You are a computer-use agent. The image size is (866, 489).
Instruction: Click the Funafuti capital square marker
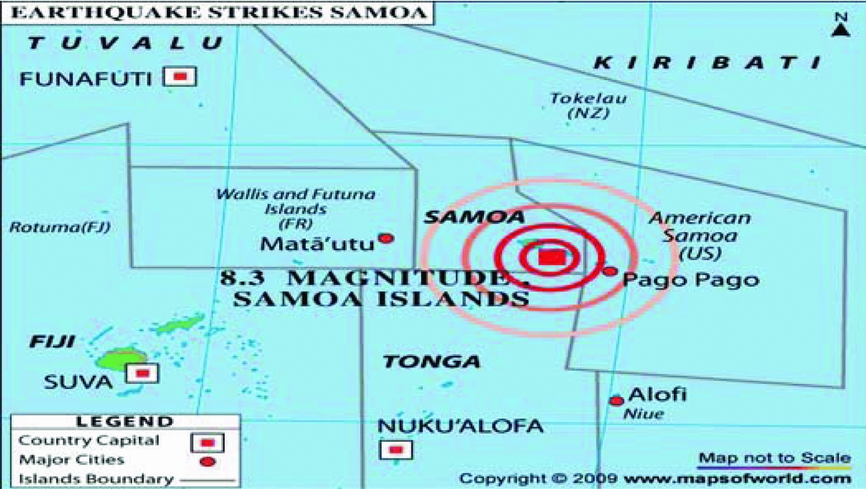[x=180, y=76]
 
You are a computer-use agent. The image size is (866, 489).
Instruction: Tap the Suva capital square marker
[x=142, y=373]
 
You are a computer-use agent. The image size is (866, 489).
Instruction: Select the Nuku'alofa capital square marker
[x=396, y=450]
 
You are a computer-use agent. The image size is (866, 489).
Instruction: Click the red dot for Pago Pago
[x=610, y=271]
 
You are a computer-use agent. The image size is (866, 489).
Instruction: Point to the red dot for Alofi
[x=617, y=401]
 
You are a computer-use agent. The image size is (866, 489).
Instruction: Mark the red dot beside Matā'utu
[x=386, y=238]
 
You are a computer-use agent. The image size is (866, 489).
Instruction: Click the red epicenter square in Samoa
[x=549, y=257]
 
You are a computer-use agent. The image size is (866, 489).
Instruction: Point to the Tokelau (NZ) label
[x=588, y=106]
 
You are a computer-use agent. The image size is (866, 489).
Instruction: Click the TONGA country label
[x=431, y=362]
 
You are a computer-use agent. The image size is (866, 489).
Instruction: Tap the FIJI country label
[x=53, y=342]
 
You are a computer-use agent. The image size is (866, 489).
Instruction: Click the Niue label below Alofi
[x=643, y=414]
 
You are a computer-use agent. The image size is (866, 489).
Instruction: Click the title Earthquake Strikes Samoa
[x=215, y=12]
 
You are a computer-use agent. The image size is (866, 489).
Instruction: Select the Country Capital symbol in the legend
[x=208, y=443]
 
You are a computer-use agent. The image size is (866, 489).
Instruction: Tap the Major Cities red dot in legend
[x=207, y=462]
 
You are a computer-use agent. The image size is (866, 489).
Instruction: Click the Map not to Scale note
[x=775, y=458]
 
